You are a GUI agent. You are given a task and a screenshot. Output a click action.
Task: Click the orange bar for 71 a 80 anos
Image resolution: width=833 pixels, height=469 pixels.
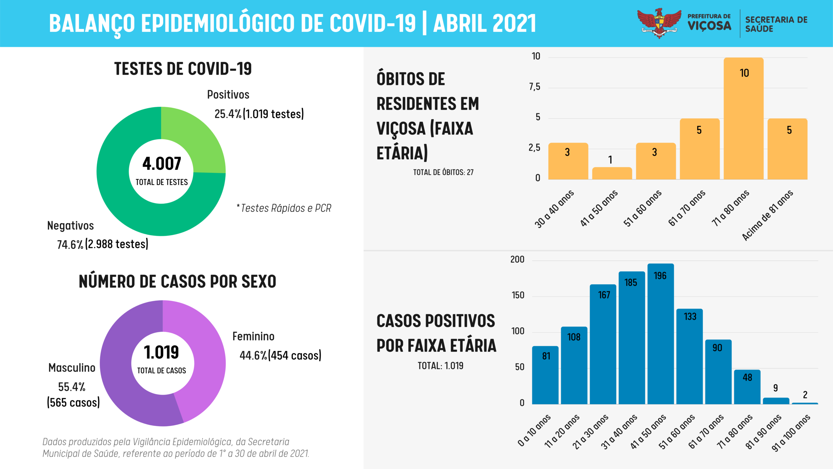[744, 119]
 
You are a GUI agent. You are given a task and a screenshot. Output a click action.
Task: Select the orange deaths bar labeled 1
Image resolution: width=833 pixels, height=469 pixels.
[612, 173]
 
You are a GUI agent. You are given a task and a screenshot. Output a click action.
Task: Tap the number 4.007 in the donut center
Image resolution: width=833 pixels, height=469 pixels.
[162, 163]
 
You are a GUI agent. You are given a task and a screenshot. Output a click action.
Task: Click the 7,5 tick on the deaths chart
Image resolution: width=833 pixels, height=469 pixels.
[535, 87]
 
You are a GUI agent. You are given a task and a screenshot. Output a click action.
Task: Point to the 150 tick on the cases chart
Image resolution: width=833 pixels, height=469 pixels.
[518, 295]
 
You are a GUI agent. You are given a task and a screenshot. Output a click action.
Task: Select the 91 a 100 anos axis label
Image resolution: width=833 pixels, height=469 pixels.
[791, 433]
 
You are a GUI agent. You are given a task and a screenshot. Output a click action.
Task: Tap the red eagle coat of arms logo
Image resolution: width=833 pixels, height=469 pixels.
[659, 23]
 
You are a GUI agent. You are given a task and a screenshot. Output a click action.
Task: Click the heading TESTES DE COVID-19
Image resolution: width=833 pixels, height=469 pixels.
[183, 69]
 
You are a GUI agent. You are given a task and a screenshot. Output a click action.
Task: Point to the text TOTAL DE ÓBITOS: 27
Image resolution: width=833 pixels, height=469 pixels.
[443, 172]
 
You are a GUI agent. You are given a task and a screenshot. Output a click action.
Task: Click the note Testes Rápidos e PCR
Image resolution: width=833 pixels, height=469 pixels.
[284, 208]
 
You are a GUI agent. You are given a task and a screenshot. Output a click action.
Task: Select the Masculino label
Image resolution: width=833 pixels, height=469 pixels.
[72, 368]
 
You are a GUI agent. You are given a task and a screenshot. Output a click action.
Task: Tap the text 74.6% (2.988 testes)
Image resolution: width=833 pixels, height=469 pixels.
[102, 244]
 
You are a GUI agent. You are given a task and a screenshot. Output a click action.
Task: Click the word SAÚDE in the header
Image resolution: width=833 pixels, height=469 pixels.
[759, 29]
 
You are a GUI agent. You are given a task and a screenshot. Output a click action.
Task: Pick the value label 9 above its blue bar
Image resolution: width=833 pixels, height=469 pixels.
[776, 388]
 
